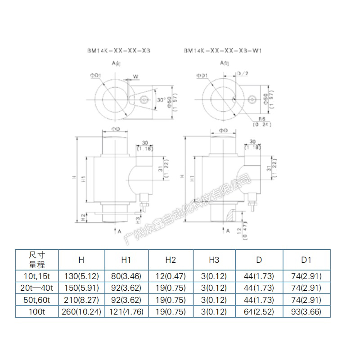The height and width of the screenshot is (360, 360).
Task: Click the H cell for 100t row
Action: (x=81, y=311)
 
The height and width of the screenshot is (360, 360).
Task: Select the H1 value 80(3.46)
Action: (x=126, y=276)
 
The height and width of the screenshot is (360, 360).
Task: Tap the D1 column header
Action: (x=306, y=260)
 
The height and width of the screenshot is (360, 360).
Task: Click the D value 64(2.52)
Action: (x=260, y=311)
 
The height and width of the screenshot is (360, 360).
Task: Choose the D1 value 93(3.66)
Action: (x=306, y=311)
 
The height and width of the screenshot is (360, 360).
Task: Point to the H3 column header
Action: (x=215, y=260)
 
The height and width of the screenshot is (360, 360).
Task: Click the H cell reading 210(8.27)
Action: (x=81, y=300)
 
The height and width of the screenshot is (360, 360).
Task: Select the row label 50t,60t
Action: (x=37, y=300)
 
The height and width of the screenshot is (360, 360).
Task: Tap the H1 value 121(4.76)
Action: (x=126, y=311)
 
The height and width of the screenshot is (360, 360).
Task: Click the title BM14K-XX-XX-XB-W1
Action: (x=222, y=51)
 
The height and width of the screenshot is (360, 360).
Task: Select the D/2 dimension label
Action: (x=243, y=73)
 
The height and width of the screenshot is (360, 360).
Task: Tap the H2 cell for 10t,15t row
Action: (x=171, y=276)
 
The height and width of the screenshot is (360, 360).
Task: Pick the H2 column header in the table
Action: (x=171, y=260)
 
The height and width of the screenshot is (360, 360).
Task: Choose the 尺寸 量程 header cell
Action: (x=37, y=260)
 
